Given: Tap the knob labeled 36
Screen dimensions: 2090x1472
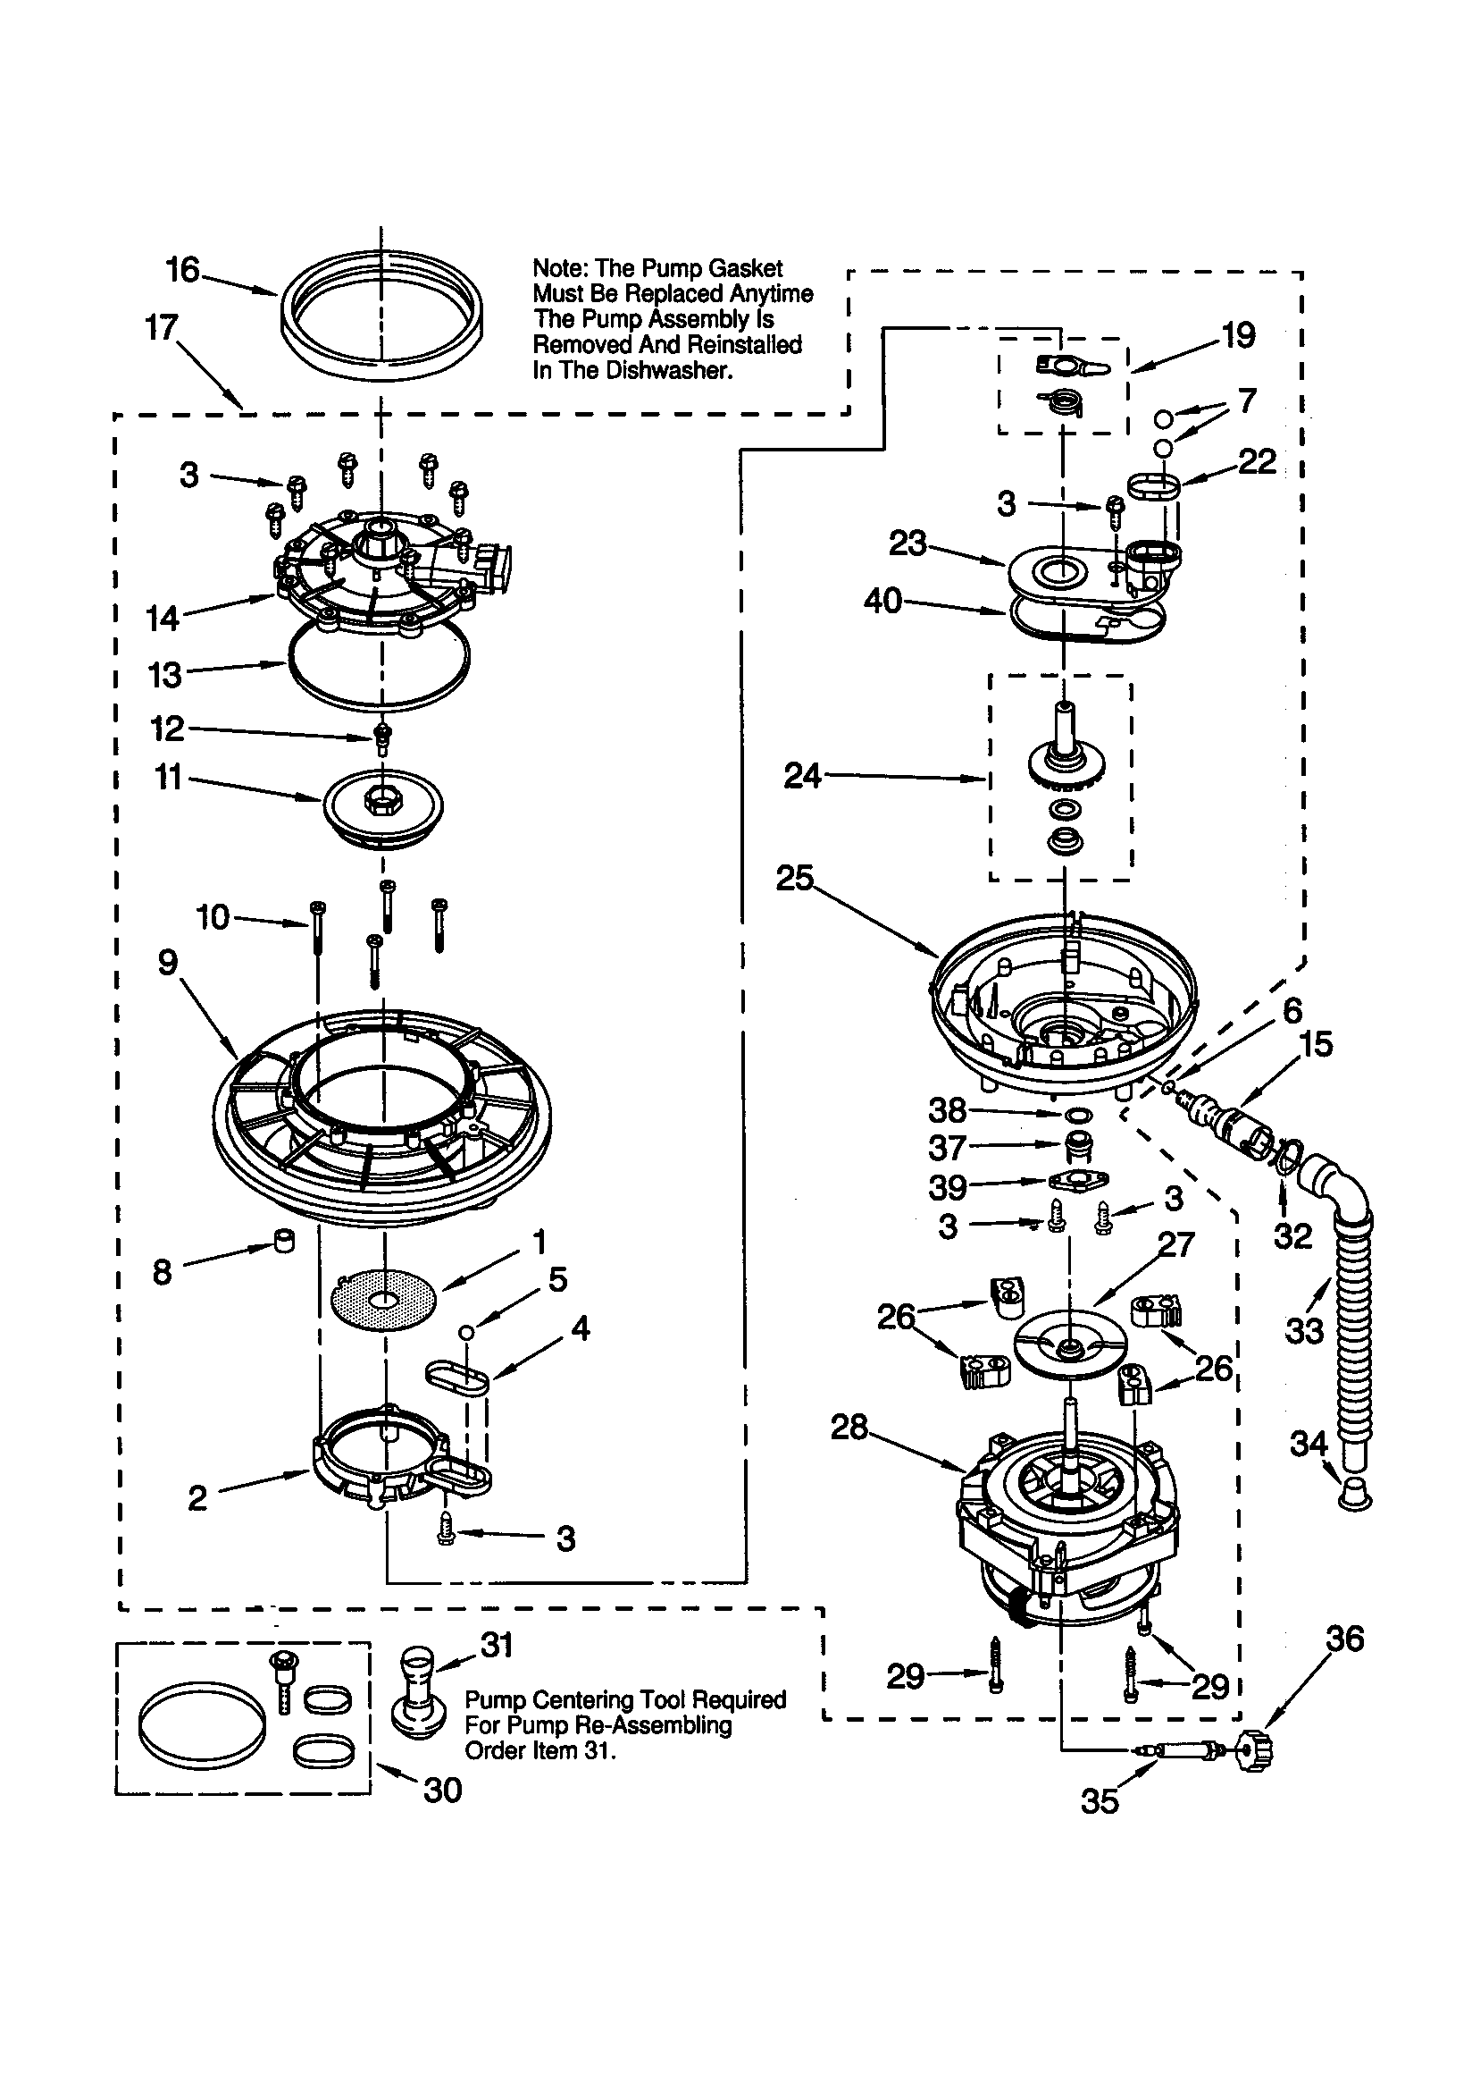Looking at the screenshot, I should click(x=1257, y=1749).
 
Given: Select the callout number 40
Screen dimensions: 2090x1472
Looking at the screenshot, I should click(x=882, y=600).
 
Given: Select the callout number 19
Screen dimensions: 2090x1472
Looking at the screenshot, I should click(x=1238, y=336).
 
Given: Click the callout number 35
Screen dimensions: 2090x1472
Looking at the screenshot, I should click(x=1099, y=1800).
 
